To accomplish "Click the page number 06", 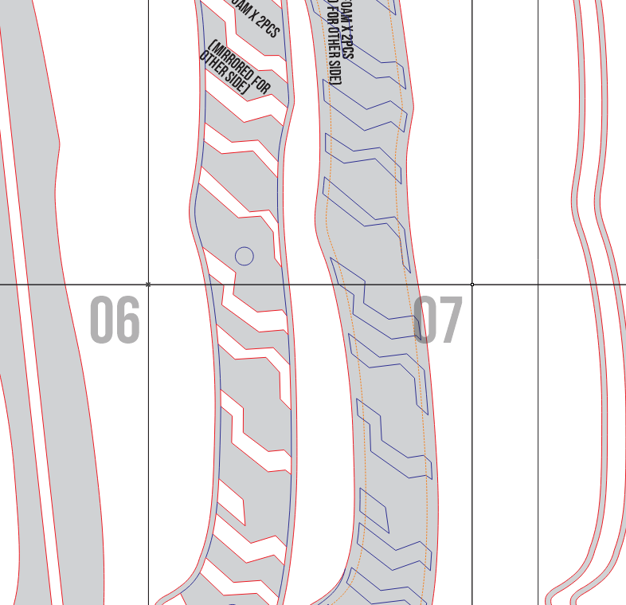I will click(115, 320).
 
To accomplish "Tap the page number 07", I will click(437, 320).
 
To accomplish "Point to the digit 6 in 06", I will click(127, 320).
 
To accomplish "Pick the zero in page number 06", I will click(101, 320).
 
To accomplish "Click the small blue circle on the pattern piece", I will click(245, 256).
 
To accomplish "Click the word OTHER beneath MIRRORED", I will click(213, 64).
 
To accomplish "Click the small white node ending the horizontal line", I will click(472, 284).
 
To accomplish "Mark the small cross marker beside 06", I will click(148, 284).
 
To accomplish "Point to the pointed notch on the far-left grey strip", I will click(57, 146).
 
